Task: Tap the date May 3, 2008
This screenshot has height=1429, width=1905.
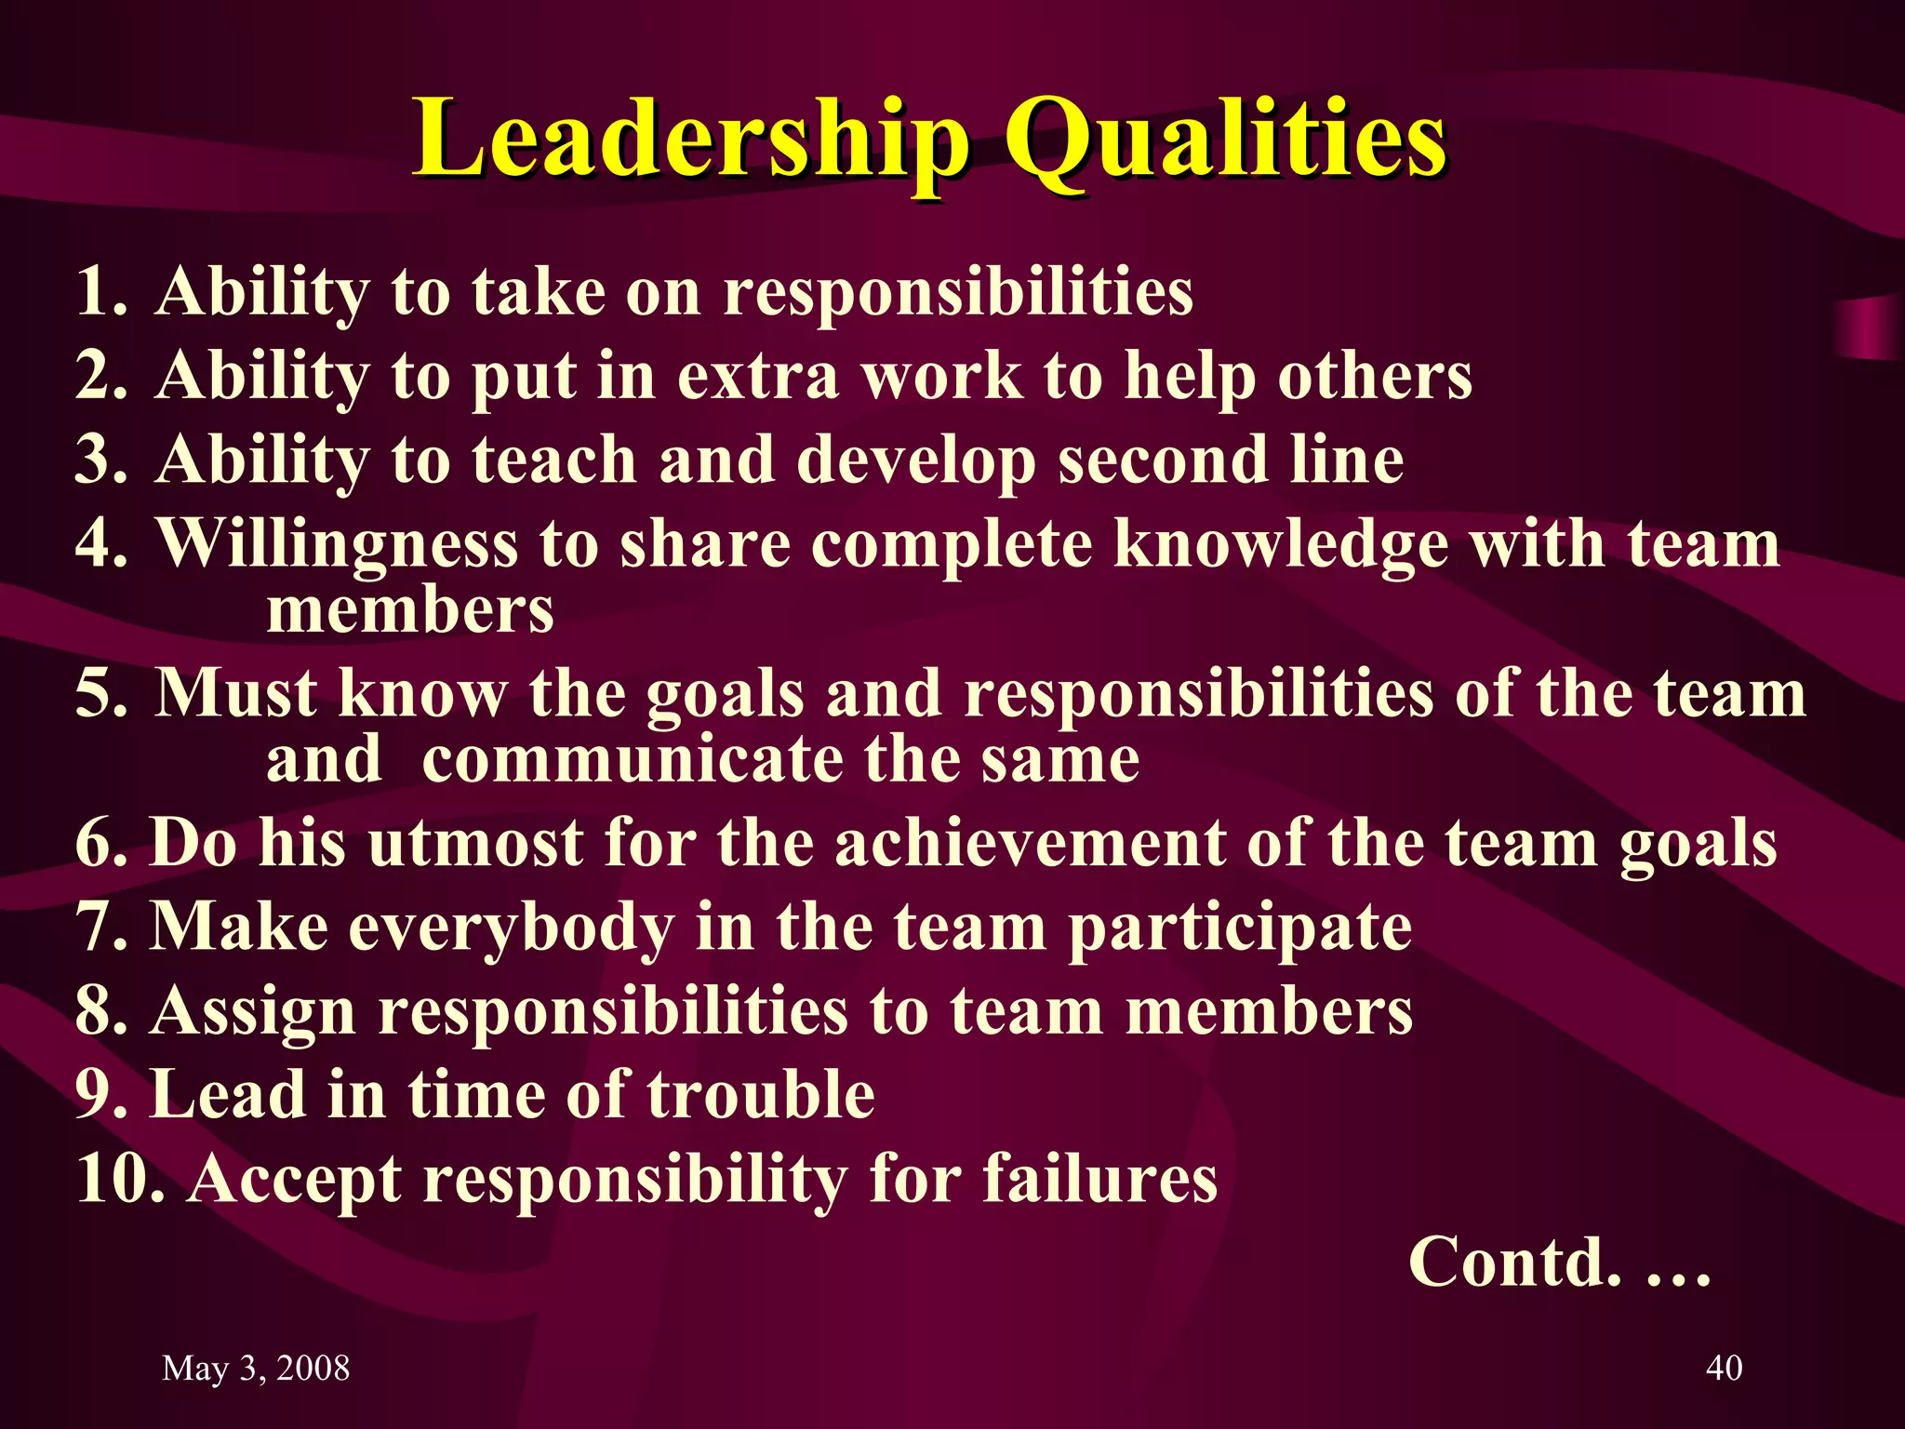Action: pyautogui.click(x=256, y=1368)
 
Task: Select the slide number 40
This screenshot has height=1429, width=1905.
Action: pyautogui.click(x=1724, y=1368)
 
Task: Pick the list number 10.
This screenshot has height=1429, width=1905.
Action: pyautogui.click(x=121, y=1179)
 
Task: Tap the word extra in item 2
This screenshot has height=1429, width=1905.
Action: pyautogui.click(x=757, y=376)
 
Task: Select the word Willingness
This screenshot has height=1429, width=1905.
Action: pyautogui.click(x=336, y=545)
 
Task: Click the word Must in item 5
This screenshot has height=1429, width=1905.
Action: pyautogui.click(x=234, y=694)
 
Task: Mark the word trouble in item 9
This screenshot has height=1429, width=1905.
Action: pyautogui.click(x=761, y=1094)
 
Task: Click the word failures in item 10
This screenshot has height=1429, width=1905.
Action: pyautogui.click(x=1099, y=1179)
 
